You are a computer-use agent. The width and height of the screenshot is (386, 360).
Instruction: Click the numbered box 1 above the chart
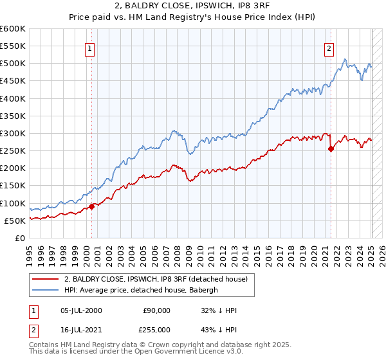point(89,48)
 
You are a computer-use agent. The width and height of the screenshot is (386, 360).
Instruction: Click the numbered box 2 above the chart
point(329,48)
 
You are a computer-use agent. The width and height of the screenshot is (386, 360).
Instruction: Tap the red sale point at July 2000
point(91,206)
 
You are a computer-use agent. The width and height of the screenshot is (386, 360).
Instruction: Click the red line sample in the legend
point(46,278)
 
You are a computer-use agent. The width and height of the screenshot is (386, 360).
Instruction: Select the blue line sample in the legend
point(46,290)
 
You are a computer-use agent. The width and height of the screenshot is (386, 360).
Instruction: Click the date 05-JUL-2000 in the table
point(78,310)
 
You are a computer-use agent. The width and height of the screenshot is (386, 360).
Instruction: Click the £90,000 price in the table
point(156,310)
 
